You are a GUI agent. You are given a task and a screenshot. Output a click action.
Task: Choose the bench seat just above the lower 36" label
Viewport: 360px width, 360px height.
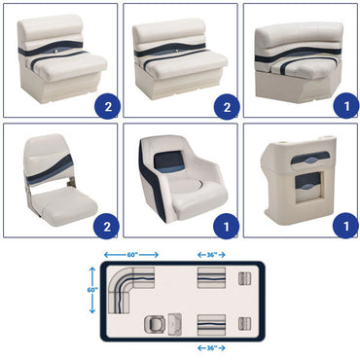[210, 323]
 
